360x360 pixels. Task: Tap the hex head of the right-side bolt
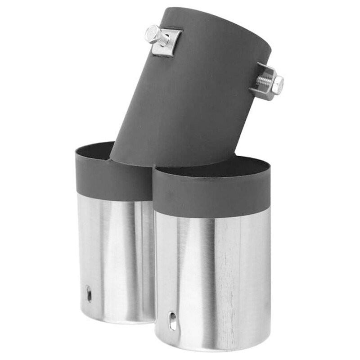(x=278, y=84)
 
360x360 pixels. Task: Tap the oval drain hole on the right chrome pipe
(x=173, y=321)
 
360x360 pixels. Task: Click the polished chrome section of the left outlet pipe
(x=112, y=252)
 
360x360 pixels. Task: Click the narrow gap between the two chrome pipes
(x=154, y=270)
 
